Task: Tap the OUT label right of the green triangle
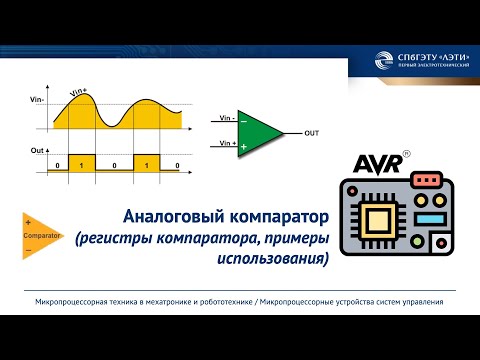click(x=312, y=133)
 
